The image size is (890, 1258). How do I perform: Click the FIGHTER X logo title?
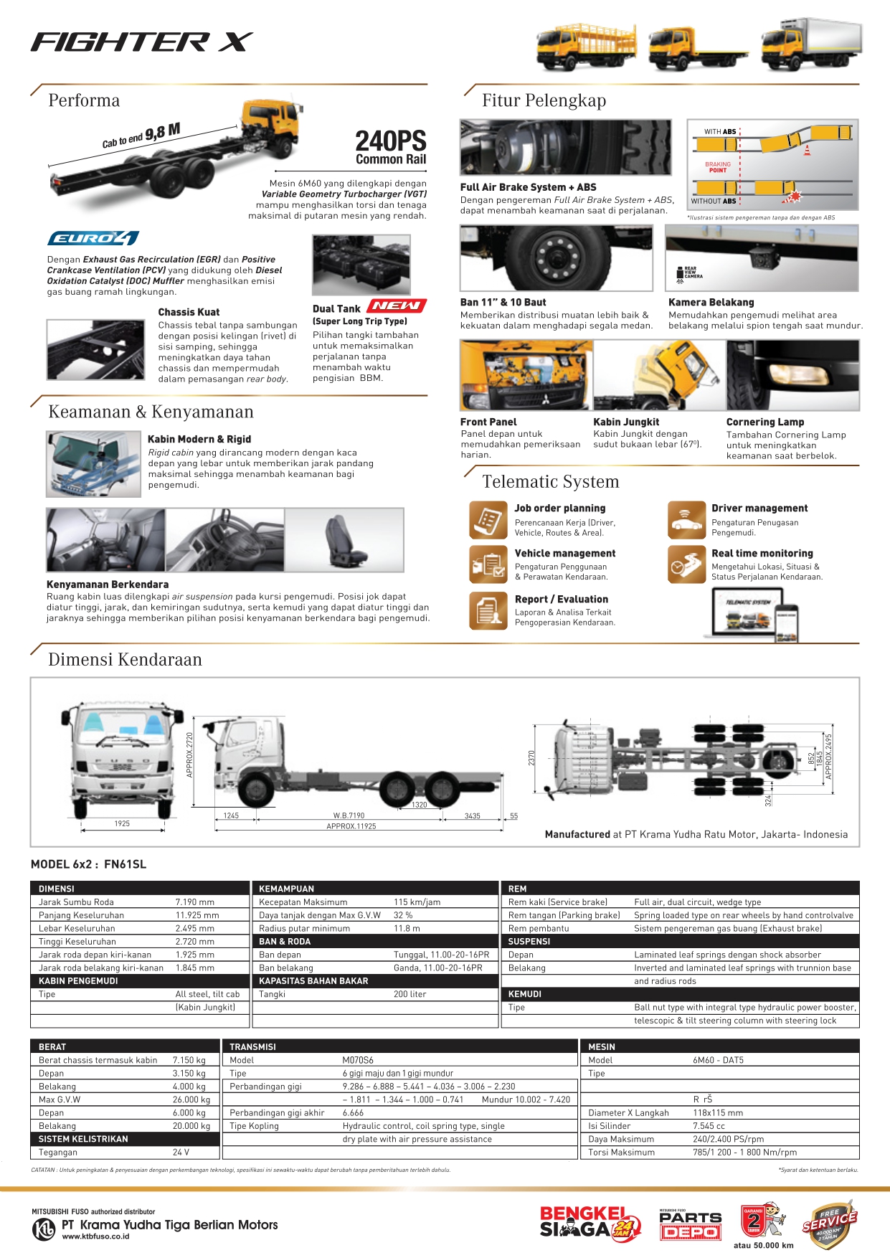tap(141, 42)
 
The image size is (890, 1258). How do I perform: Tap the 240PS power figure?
tap(391, 141)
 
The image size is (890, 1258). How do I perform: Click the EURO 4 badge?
tap(93, 238)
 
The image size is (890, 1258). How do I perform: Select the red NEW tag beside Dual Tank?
tap(397, 306)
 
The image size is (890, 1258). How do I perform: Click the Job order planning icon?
tap(488, 519)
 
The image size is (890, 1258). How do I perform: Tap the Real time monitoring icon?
tap(685, 564)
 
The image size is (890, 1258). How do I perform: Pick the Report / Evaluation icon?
tap(488, 610)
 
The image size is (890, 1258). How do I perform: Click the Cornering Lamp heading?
tap(764, 422)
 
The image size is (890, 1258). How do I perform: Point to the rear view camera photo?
tap(762, 257)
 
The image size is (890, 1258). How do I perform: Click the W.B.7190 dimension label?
tap(349, 815)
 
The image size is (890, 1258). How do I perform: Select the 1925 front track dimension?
tap(122, 823)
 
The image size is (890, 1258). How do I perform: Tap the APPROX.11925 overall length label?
tap(351, 826)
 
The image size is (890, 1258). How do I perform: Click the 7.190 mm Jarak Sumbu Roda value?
tap(195, 902)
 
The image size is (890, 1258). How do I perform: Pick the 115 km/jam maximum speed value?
tap(417, 902)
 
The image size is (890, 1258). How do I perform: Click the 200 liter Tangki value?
tap(410, 994)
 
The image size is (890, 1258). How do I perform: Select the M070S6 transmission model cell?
tap(358, 1060)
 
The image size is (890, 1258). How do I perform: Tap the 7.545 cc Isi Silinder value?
tap(709, 1126)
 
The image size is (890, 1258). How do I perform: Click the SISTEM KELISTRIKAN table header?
tap(83, 1139)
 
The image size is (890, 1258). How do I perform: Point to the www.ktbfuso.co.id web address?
tap(95, 1236)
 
